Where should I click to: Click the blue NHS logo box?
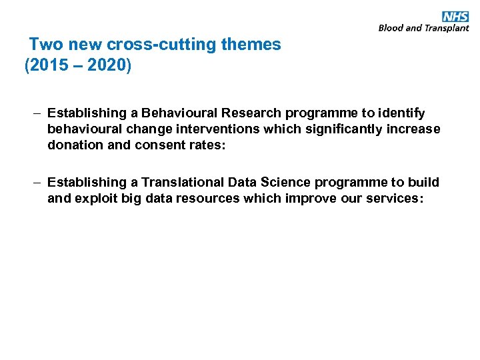coord(455,17)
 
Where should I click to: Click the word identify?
coord(399,114)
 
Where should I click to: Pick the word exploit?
coord(97,198)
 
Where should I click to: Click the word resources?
coord(206,198)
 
